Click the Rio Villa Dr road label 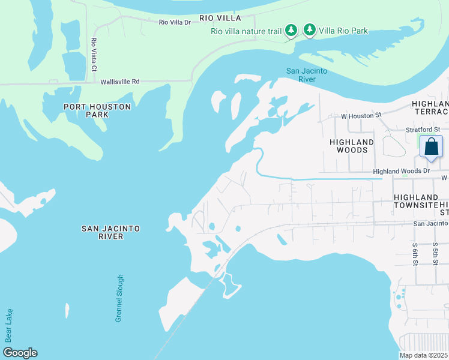[x=175, y=22]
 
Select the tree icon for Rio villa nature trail [x=291, y=30]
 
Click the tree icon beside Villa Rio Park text [x=310, y=30]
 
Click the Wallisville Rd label [x=120, y=81]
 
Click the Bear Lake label [x=8, y=326]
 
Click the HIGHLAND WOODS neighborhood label [x=352, y=146]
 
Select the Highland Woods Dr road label [x=402, y=172]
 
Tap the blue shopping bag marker [x=431, y=147]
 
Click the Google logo [x=19, y=353]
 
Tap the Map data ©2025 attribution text [x=424, y=355]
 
